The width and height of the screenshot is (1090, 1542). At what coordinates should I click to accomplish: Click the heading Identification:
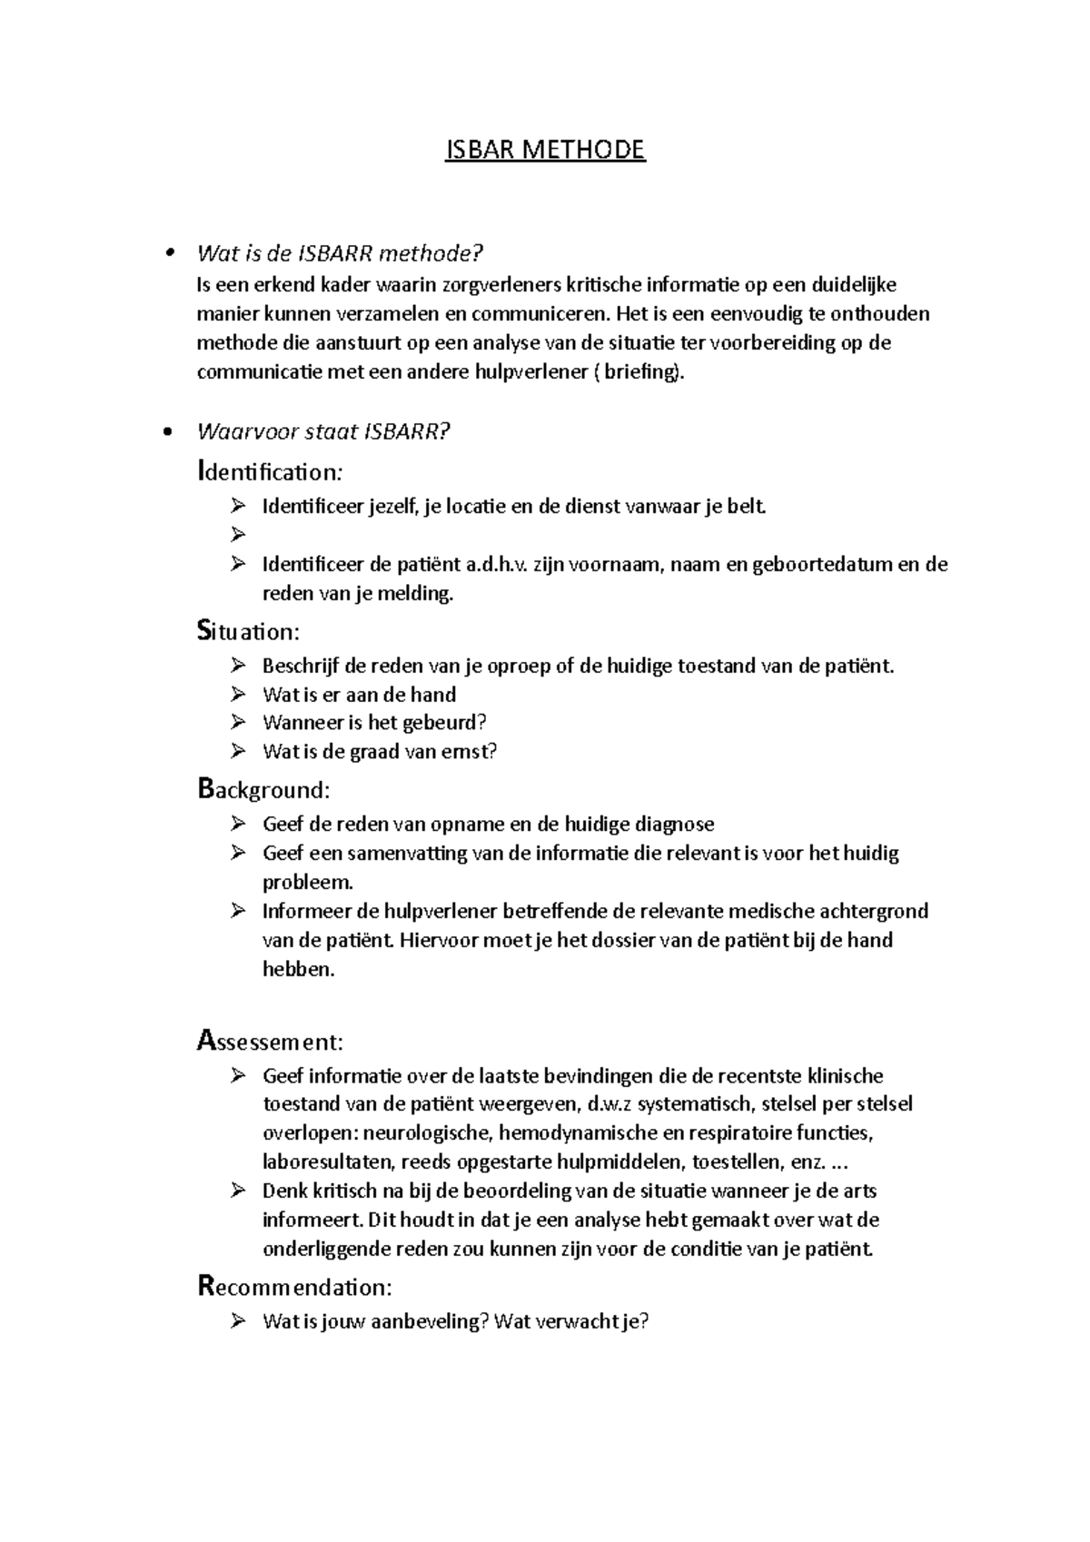270,472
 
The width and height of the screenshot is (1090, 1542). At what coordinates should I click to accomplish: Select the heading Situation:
248,631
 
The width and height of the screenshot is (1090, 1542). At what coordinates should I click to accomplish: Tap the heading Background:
263,789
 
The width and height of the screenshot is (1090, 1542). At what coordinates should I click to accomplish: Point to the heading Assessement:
270,1041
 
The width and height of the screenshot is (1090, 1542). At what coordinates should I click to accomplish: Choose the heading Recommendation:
294,1287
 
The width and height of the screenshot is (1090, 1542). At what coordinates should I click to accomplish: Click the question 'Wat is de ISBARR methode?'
340,252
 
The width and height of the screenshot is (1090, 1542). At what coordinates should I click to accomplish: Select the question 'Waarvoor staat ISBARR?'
323,432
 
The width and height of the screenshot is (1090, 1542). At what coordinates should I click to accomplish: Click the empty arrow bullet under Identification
239,535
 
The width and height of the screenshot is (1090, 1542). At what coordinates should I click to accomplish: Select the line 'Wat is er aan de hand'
359,695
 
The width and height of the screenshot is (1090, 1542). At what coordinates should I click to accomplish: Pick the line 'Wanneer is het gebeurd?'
374,723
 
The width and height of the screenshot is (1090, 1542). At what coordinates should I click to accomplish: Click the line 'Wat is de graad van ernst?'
379,752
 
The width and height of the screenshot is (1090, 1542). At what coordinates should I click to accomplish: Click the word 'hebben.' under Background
299,969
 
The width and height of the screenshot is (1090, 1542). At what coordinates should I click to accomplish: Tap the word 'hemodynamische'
584,1133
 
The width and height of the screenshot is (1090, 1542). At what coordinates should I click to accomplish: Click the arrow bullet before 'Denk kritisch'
239,1191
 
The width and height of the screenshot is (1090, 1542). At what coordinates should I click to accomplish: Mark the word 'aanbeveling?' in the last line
431,1321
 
